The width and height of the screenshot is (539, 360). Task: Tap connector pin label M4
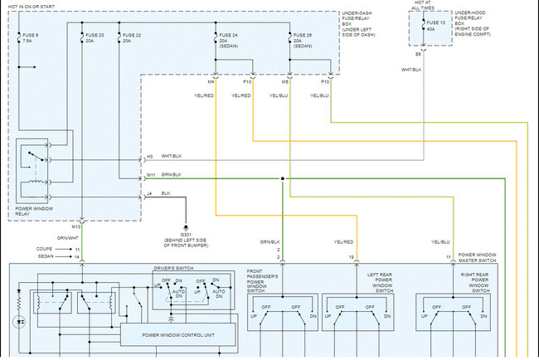point(211,82)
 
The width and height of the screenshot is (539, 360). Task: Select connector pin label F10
point(247,82)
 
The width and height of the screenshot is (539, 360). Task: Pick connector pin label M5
point(285,82)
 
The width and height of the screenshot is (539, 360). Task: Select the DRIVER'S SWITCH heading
point(175,270)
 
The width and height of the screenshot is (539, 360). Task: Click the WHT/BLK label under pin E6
point(412,70)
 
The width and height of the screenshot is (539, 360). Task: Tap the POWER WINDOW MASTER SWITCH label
point(478,256)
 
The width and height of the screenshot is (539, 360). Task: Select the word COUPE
point(46,249)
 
